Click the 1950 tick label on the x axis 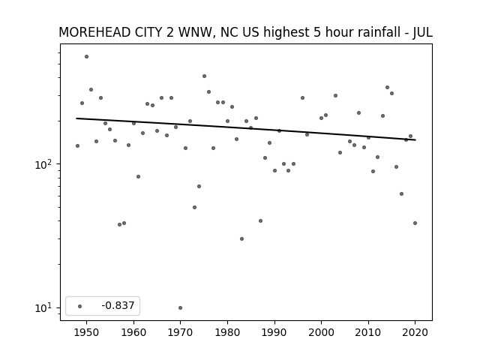point(87,332)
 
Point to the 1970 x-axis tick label point(180,332)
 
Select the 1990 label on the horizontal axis point(274,332)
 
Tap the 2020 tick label point(415,332)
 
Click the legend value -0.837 point(118,305)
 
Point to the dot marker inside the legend point(80,306)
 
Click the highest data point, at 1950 point(87,57)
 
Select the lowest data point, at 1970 point(180,308)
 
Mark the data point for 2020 point(415,223)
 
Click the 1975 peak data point point(204,76)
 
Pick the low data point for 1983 point(241,238)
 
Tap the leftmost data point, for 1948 point(77,146)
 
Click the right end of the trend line point(415,140)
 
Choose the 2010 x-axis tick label point(368,332)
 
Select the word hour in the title point(336,32)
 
